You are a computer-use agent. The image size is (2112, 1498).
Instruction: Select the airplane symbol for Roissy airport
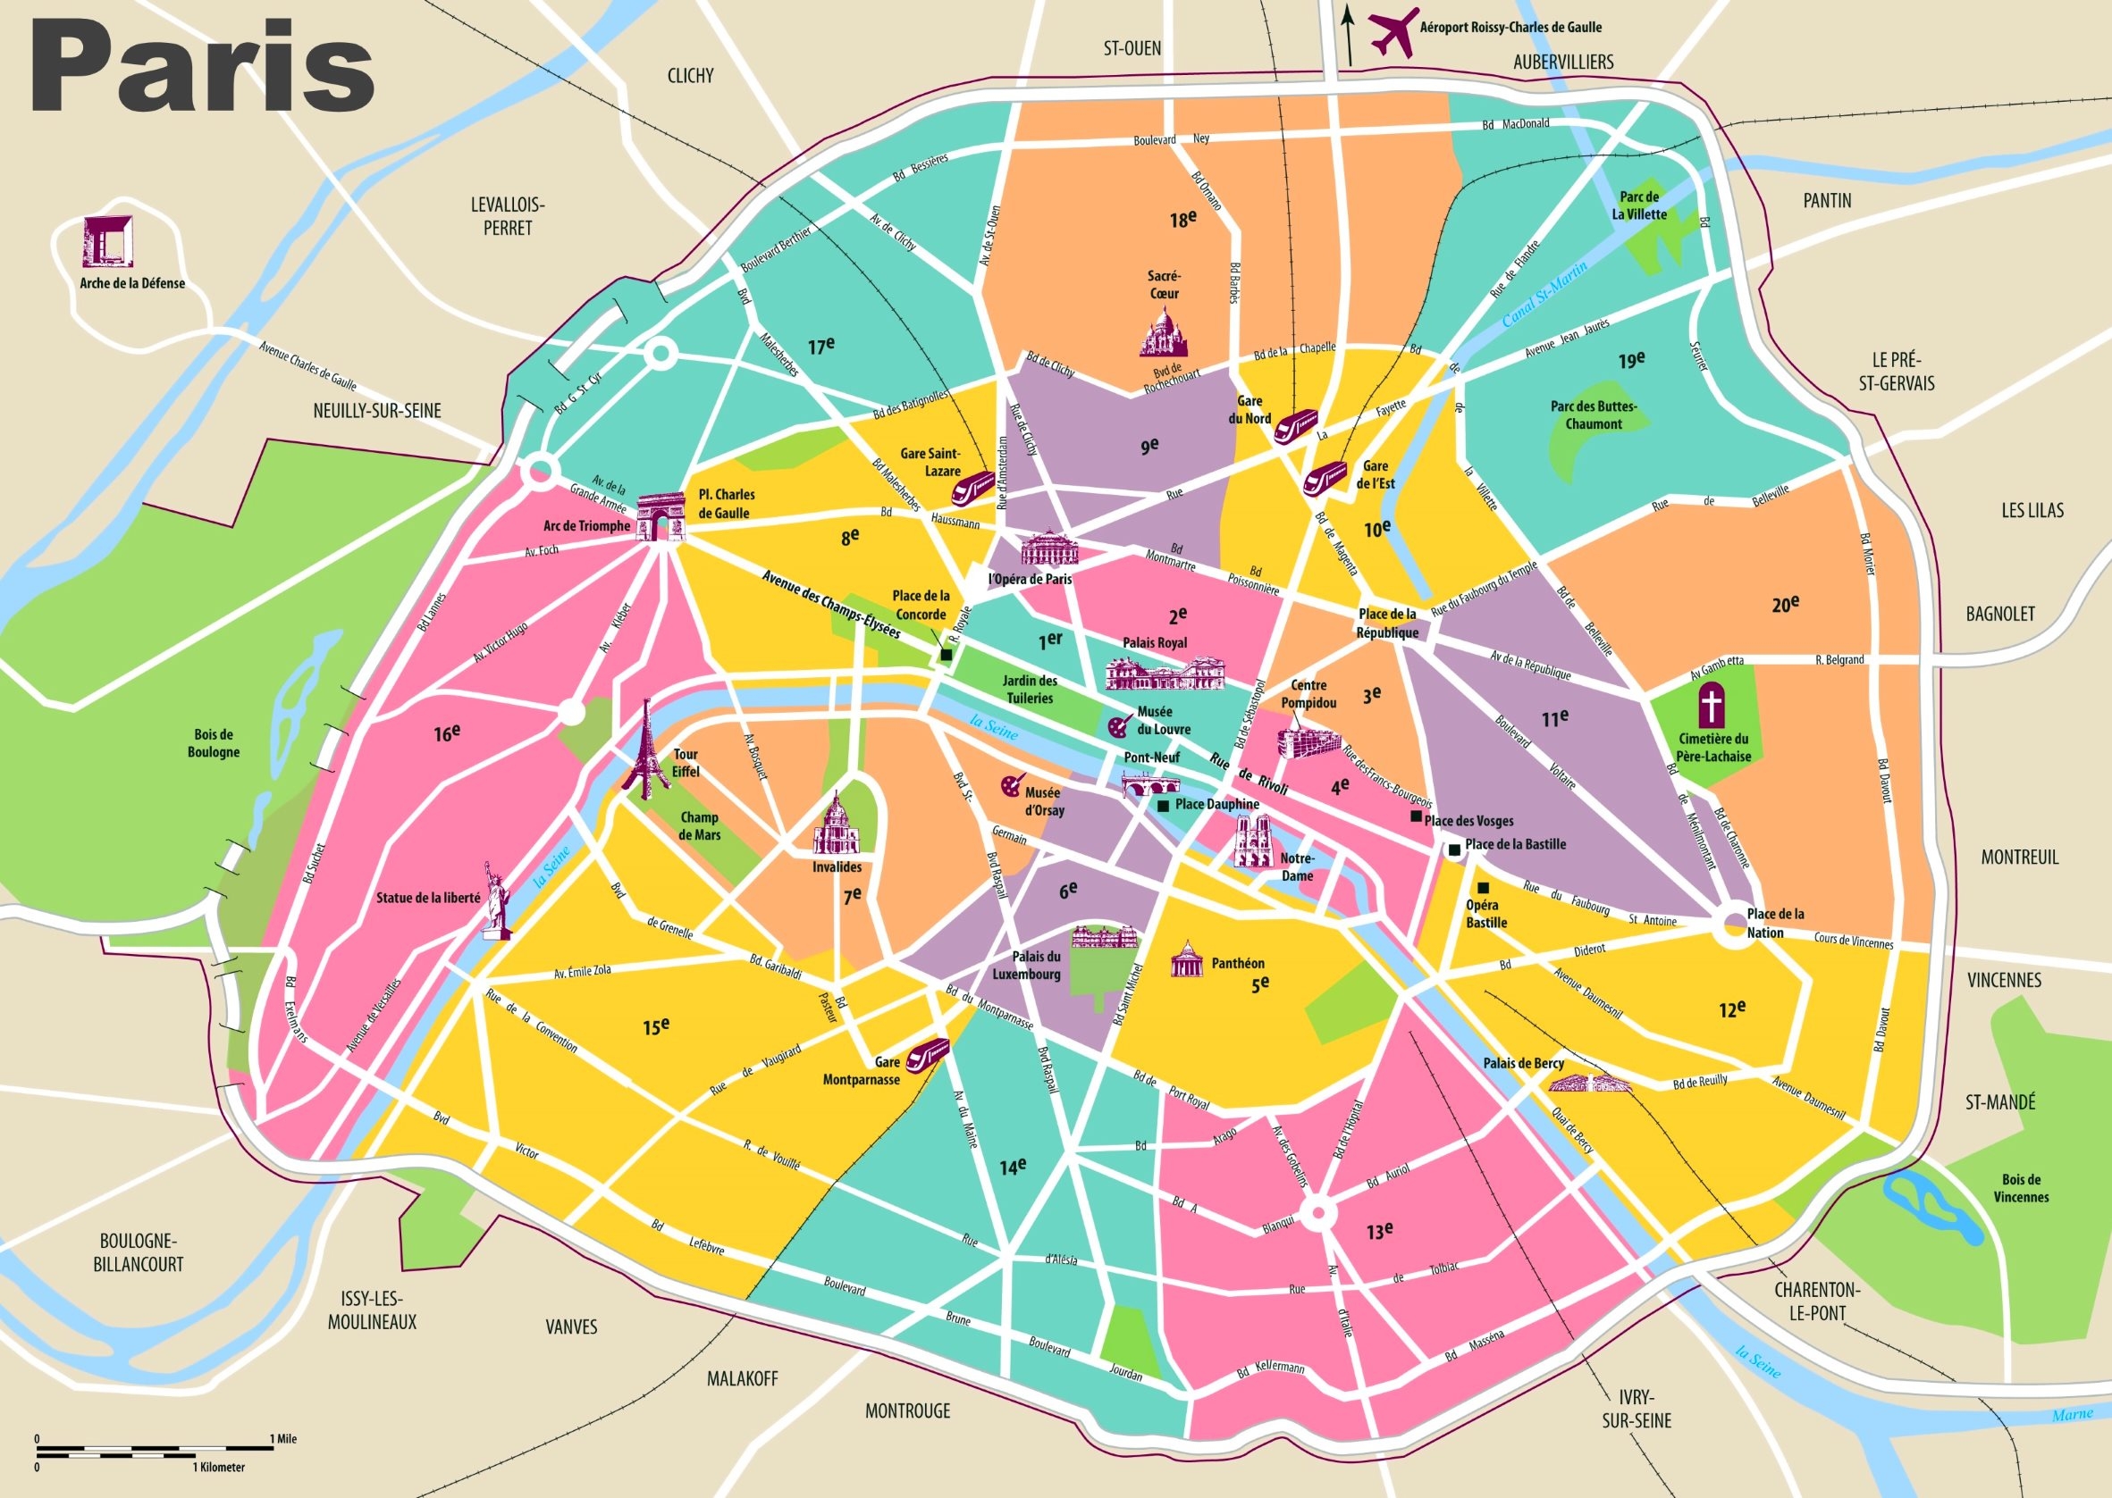[1393, 31]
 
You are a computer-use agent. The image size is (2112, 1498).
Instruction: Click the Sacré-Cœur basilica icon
[1164, 333]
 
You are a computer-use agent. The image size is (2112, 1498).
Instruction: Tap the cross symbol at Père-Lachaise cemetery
[1712, 706]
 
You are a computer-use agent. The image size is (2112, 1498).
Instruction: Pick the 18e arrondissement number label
[1182, 220]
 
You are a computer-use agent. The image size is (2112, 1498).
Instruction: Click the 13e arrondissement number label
[1379, 1231]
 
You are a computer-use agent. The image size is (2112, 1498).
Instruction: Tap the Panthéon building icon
[1187, 961]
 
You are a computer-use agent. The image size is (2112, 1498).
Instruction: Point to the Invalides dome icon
[837, 825]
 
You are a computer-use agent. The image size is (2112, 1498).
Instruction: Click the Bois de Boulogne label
[213, 743]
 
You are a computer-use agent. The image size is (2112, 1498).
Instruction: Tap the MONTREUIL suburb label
[2020, 857]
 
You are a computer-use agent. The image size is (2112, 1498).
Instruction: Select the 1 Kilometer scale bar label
[219, 1467]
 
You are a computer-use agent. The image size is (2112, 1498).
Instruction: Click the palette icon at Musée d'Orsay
[1011, 787]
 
